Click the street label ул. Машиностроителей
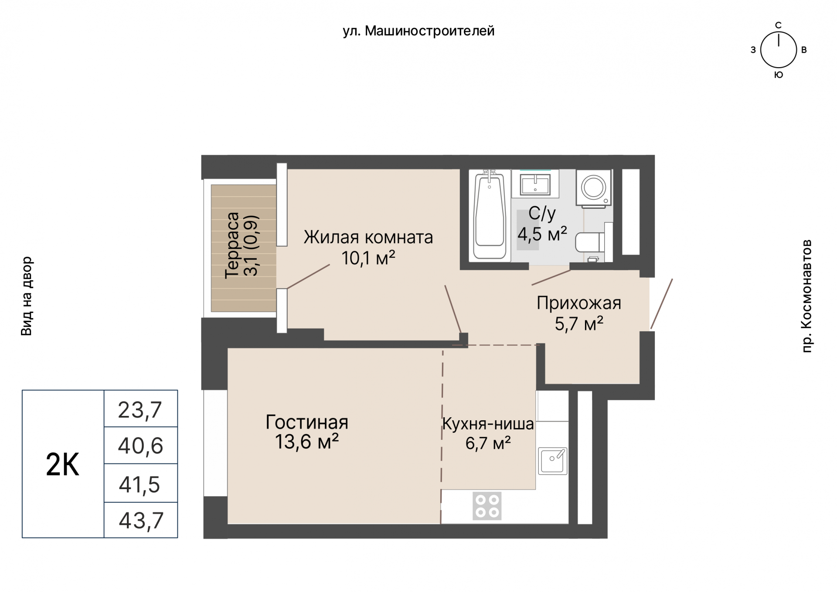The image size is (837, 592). pyautogui.click(x=418, y=31)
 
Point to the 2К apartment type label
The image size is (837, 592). pyautogui.click(x=62, y=465)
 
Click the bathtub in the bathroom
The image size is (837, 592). pyautogui.click(x=490, y=215)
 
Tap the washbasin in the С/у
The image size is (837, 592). pyautogui.click(x=535, y=184)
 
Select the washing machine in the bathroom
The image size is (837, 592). pyautogui.click(x=593, y=188)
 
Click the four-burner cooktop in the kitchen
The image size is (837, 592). pyautogui.click(x=487, y=506)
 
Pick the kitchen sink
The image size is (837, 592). pyautogui.click(x=552, y=461)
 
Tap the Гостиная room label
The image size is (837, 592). pyautogui.click(x=307, y=422)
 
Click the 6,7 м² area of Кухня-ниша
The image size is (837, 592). pyautogui.click(x=488, y=444)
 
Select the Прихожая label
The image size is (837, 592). pyautogui.click(x=579, y=303)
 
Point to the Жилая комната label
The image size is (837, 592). pyautogui.click(x=368, y=238)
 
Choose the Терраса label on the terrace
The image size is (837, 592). pyautogui.click(x=232, y=245)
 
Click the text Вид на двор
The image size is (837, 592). pyautogui.click(x=27, y=296)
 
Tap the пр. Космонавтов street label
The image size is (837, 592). pyautogui.click(x=807, y=296)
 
